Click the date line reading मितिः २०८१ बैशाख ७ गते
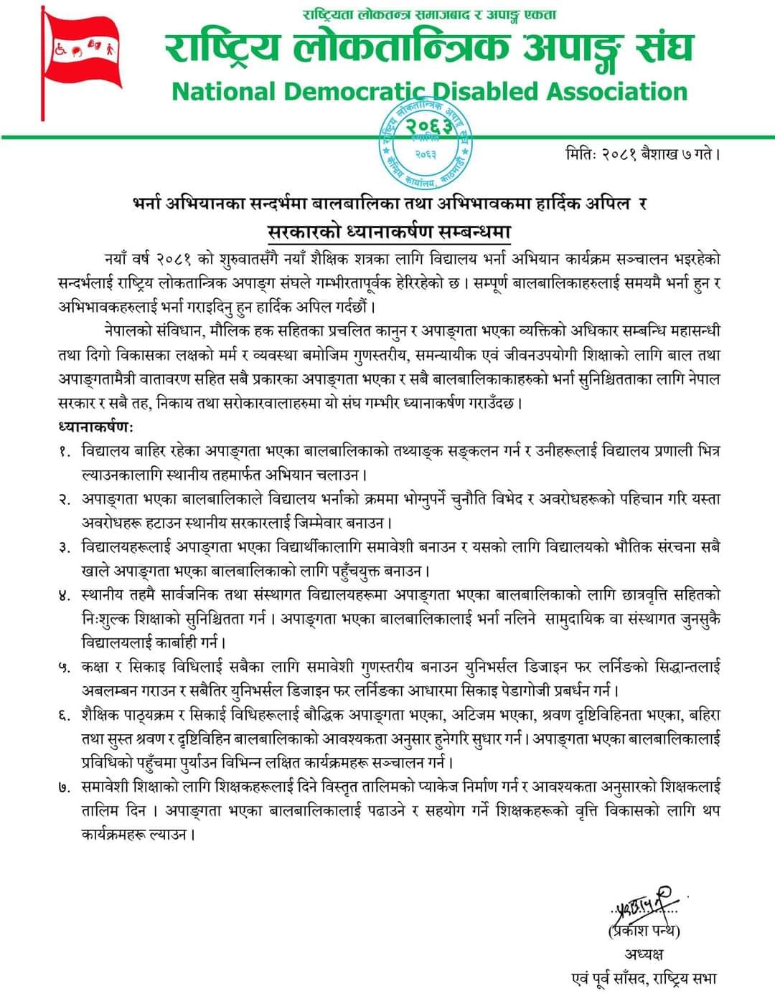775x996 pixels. click(642, 153)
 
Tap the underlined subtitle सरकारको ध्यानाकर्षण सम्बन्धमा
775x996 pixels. click(388, 232)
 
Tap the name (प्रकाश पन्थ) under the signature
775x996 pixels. click(644, 931)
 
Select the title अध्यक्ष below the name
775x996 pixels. click(644, 954)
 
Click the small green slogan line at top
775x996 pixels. click(429, 14)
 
